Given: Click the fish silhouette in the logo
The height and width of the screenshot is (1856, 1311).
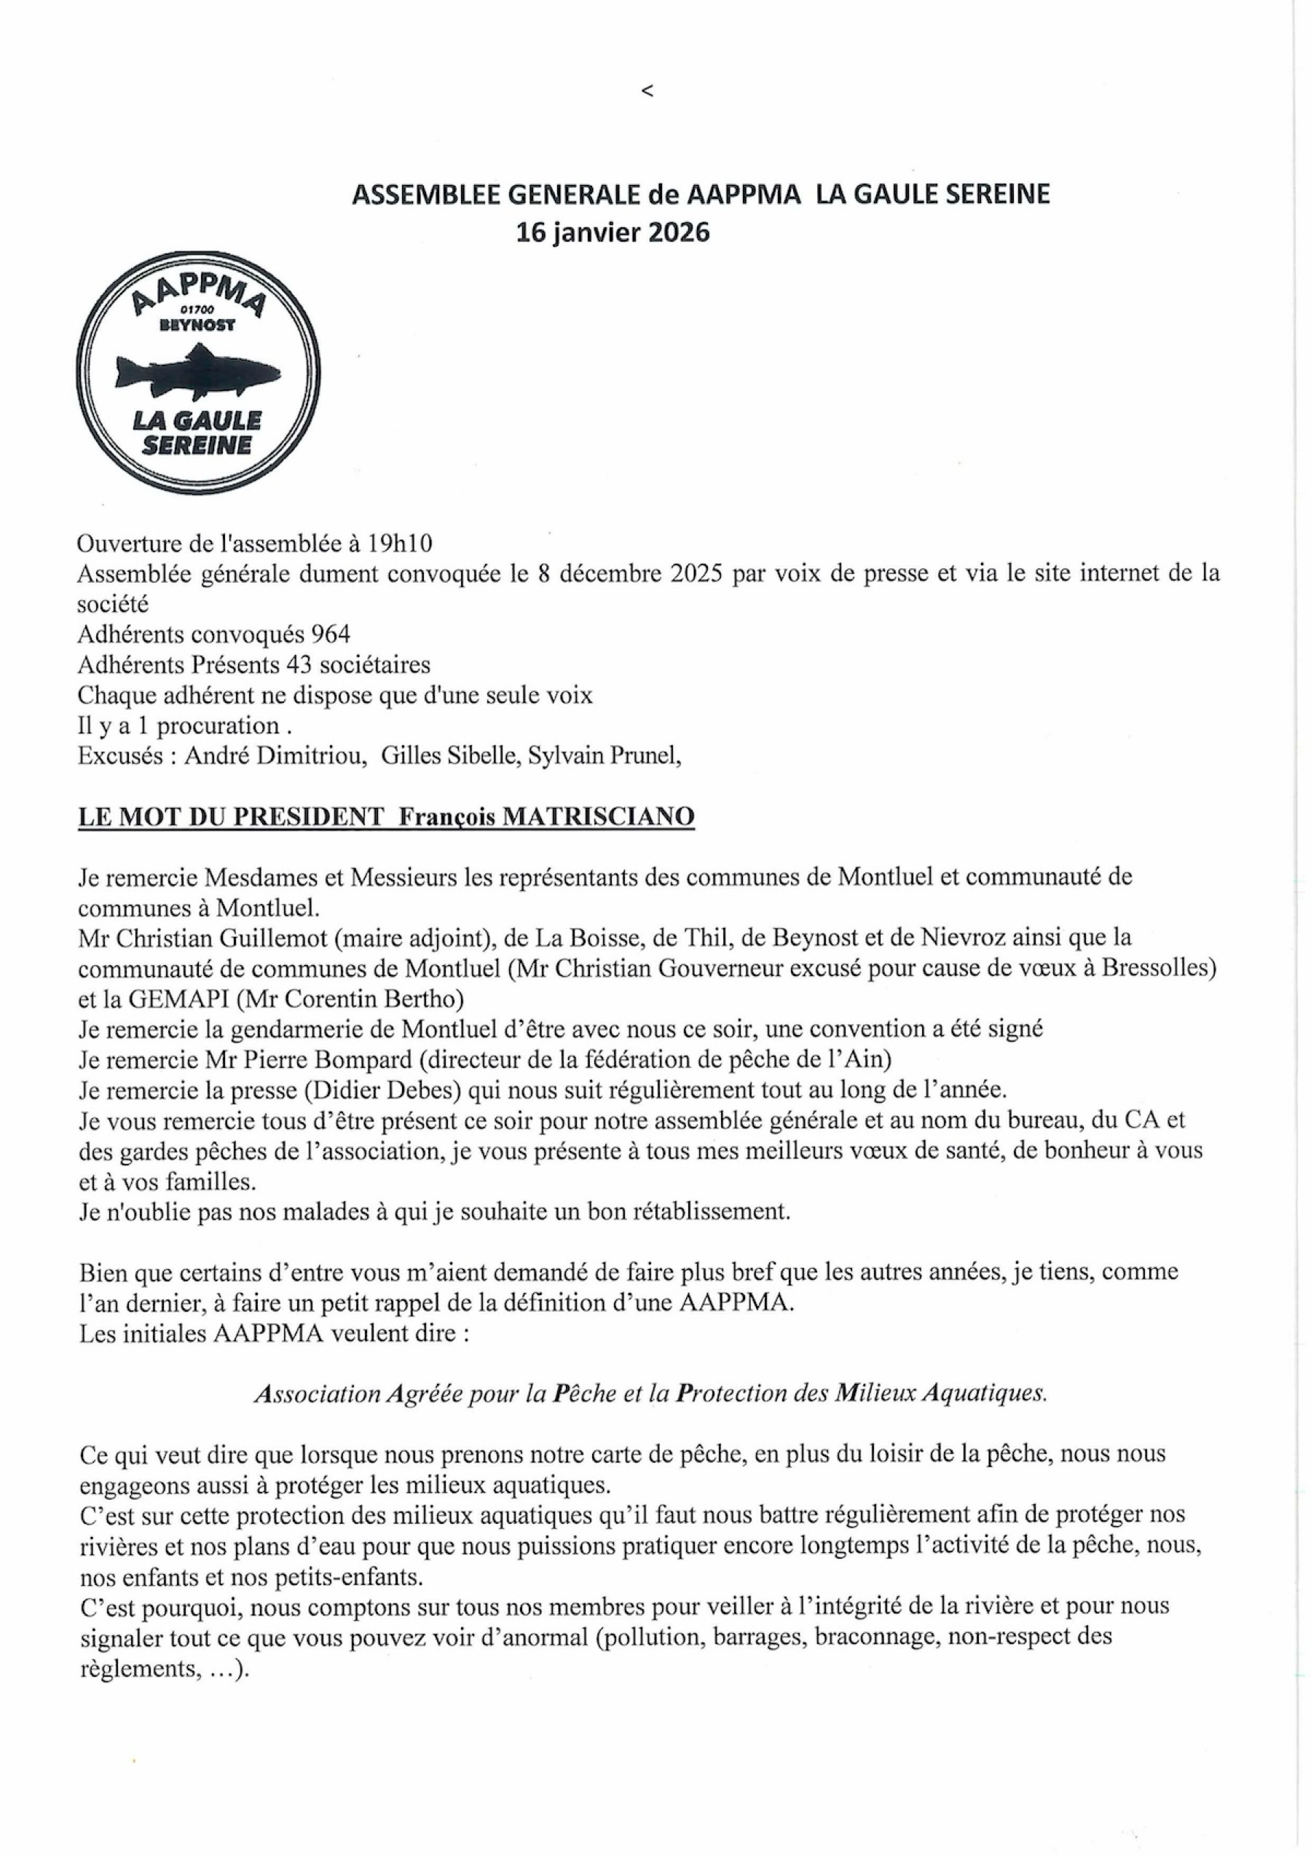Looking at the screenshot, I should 197,370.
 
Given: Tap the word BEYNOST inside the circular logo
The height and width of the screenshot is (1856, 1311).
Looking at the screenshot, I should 197,325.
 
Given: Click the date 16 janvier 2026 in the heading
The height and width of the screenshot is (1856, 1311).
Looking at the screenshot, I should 613,233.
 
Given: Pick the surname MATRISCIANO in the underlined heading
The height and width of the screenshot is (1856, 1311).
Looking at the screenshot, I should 598,817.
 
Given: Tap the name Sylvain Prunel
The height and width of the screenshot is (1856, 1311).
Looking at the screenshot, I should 603,756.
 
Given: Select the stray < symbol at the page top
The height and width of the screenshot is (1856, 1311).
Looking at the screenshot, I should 647,91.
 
